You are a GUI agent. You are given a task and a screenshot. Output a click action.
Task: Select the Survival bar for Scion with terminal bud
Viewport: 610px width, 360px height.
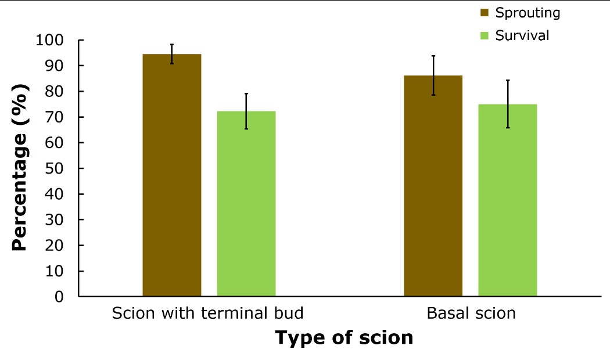pos(246,204)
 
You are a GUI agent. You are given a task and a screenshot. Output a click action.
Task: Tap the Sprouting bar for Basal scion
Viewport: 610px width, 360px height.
pos(433,186)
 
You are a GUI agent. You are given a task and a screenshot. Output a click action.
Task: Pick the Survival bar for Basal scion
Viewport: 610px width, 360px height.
pos(508,200)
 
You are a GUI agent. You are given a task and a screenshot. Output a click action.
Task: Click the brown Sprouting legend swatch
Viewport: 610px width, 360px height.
pos(485,13)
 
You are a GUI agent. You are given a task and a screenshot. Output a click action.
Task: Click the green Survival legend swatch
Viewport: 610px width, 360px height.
pos(485,36)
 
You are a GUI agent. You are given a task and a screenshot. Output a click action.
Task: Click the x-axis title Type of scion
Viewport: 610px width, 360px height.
pos(344,338)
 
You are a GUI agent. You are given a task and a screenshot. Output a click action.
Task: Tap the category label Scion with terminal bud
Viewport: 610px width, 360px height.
pos(208,314)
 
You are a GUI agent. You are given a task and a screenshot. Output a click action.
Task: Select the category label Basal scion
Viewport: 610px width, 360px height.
pos(471,314)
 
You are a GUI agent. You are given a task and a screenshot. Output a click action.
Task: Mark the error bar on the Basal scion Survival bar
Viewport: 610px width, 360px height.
pos(508,104)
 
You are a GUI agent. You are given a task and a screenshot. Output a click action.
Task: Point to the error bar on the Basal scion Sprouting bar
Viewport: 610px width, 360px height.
pos(433,75)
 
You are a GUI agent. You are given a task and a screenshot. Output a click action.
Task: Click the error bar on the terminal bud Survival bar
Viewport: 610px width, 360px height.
pos(246,111)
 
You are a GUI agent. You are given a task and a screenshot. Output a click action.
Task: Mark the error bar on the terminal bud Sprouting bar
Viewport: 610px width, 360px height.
pos(172,54)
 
